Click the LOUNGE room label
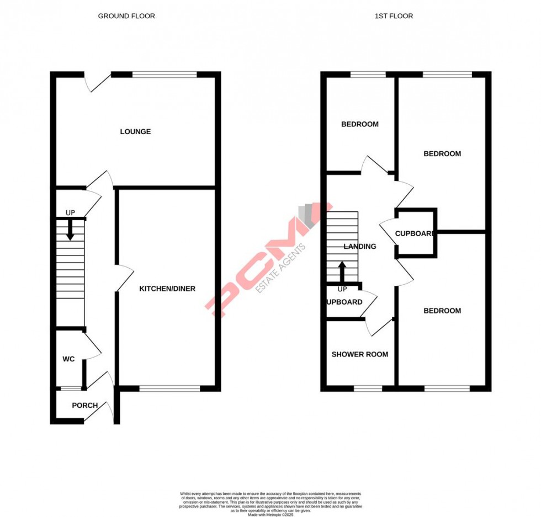tap(135, 132)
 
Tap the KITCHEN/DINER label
tap(167, 289)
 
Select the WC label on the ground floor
tap(68, 359)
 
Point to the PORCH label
tap(85, 406)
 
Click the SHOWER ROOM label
tap(359, 354)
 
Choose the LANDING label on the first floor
tap(360, 247)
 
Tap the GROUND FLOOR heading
tap(126, 16)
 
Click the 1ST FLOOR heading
tap(394, 16)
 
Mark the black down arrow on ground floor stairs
tap(70, 229)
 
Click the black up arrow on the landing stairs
tap(342, 271)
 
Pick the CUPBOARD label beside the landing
tap(415, 233)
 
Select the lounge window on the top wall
tap(165, 74)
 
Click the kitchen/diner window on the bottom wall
tap(169, 388)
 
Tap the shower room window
tap(368, 388)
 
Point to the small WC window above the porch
tap(70, 388)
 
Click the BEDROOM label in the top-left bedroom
tap(360, 124)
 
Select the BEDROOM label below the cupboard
tap(442, 311)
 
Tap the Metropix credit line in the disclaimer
tap(270, 515)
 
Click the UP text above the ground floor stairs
tap(70, 212)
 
